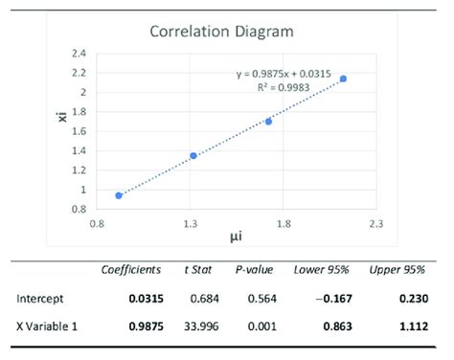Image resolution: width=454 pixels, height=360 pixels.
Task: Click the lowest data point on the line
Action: (x=119, y=195)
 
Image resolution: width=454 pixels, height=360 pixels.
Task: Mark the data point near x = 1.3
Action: (x=193, y=155)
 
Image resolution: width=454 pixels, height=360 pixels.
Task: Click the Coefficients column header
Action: (x=134, y=271)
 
